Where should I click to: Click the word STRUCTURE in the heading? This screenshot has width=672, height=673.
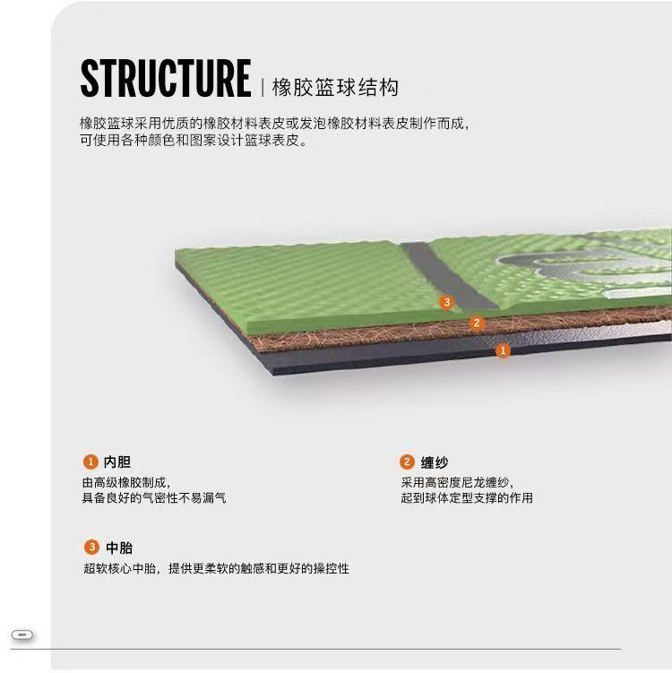[165, 78]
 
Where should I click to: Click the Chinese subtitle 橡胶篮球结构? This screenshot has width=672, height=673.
[335, 88]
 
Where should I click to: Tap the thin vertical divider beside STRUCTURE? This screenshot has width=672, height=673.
[262, 87]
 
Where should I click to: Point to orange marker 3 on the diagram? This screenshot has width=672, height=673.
[447, 302]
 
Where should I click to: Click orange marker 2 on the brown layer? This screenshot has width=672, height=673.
[477, 323]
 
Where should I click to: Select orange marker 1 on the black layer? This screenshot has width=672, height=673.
[503, 350]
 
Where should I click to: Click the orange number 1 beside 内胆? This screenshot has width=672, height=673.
[90, 462]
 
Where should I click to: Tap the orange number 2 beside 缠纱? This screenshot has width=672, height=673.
[407, 462]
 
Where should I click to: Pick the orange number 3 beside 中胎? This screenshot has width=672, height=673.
[91, 548]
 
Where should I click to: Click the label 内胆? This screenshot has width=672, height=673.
[117, 462]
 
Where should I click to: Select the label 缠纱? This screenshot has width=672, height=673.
[435, 462]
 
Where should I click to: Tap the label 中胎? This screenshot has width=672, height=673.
[119, 548]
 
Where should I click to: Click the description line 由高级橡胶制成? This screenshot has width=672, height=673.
[126, 482]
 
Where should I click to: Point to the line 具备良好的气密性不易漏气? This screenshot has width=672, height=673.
[154, 497]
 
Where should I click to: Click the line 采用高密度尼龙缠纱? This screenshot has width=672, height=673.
[458, 482]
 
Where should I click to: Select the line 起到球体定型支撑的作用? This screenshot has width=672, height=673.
[466, 497]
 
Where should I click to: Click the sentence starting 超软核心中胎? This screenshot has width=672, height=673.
[216, 568]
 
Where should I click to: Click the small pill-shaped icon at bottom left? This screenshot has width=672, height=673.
[23, 635]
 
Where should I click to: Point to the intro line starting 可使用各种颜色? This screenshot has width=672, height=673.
[194, 141]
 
